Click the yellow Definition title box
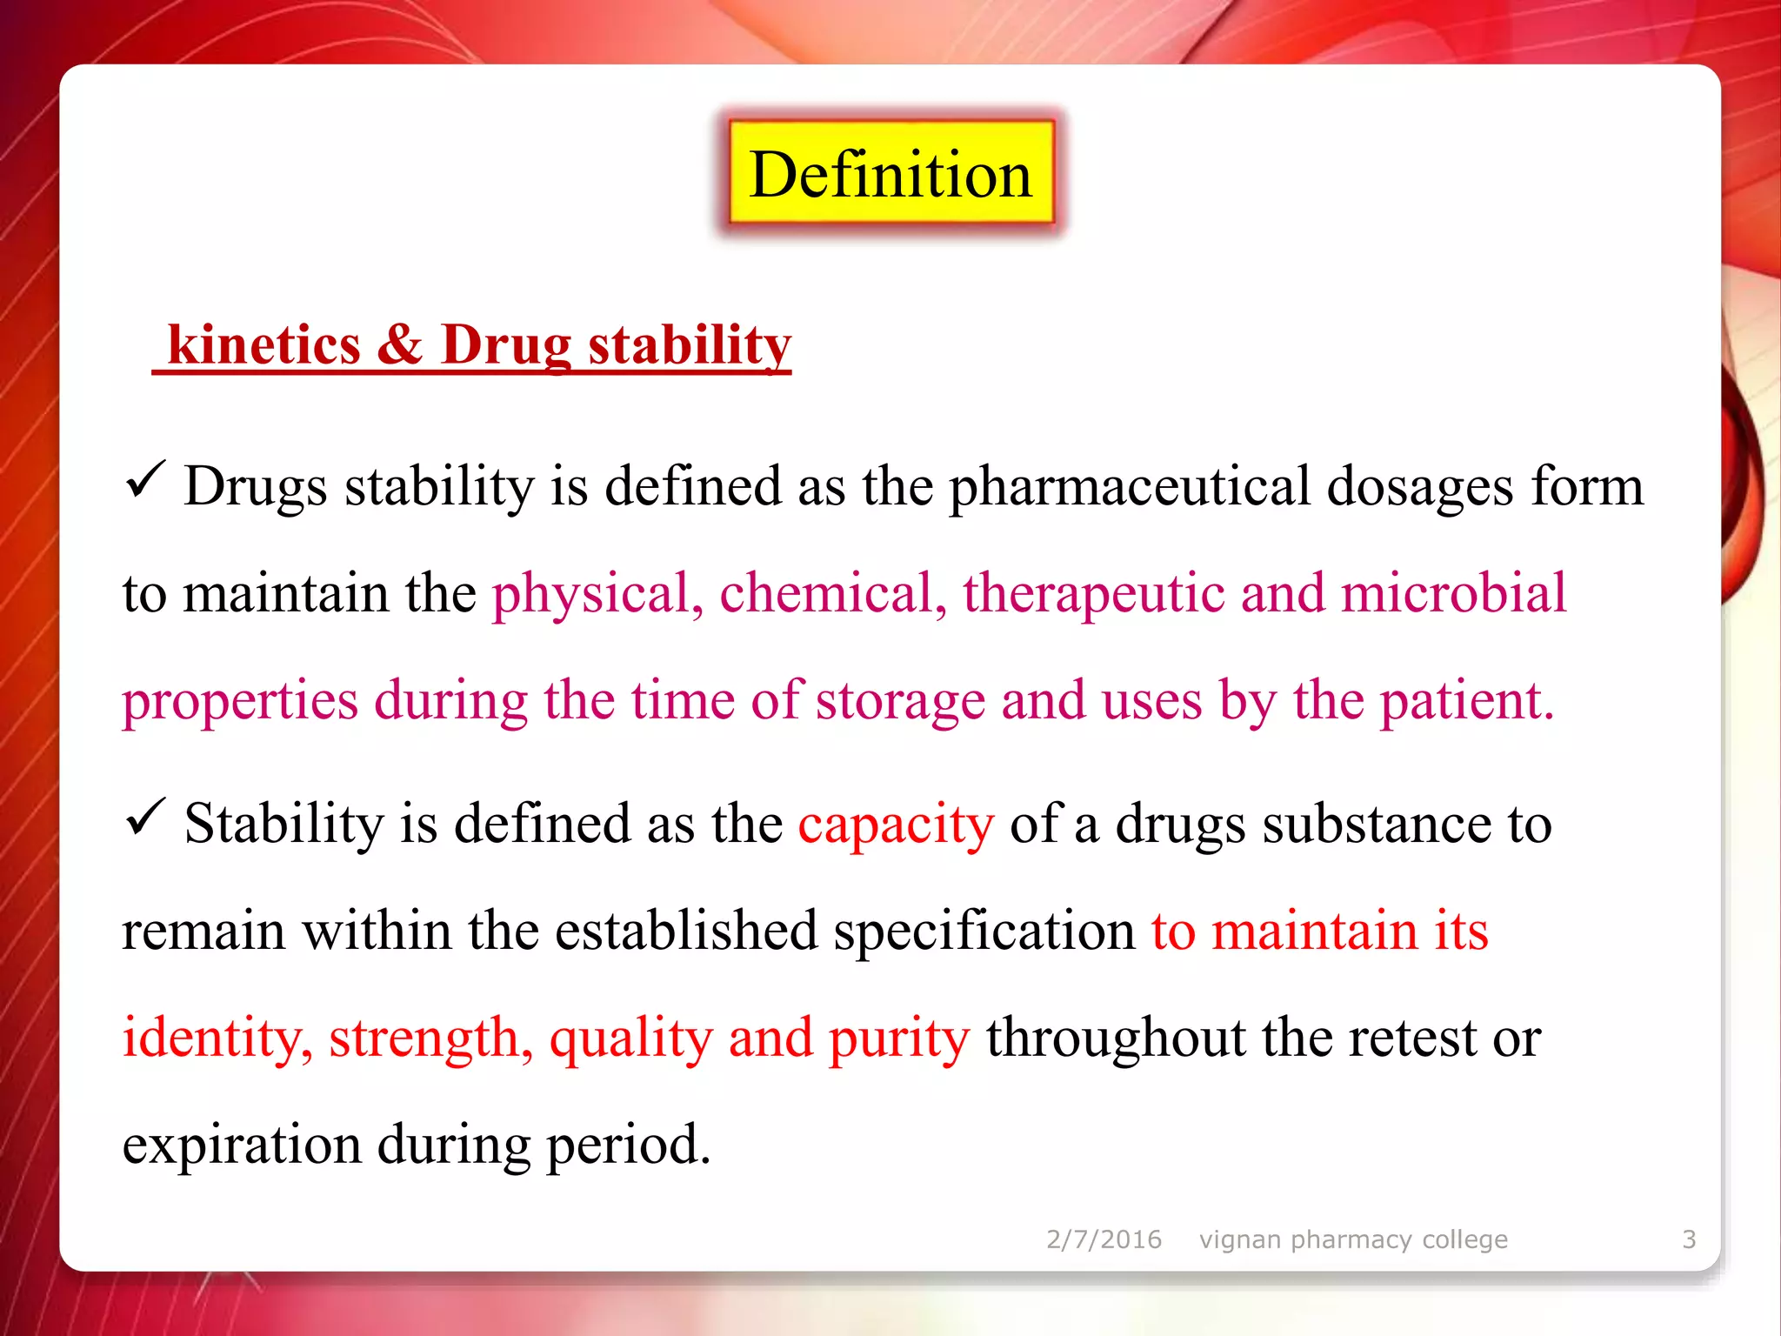tap(890, 174)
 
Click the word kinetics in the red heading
tap(264, 344)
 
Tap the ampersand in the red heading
tap(400, 344)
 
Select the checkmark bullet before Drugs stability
tap(144, 479)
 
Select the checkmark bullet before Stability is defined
tap(144, 817)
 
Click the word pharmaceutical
tap(1129, 487)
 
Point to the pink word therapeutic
tap(1093, 594)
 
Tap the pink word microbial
tap(1453, 594)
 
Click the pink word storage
tap(899, 701)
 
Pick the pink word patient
tap(1465, 701)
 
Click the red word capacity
tap(896, 825)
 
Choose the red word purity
tap(899, 1039)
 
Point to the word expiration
tap(241, 1146)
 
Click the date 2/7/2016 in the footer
tap(1104, 1239)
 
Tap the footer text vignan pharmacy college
tap(1353, 1239)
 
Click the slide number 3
tap(1689, 1239)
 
